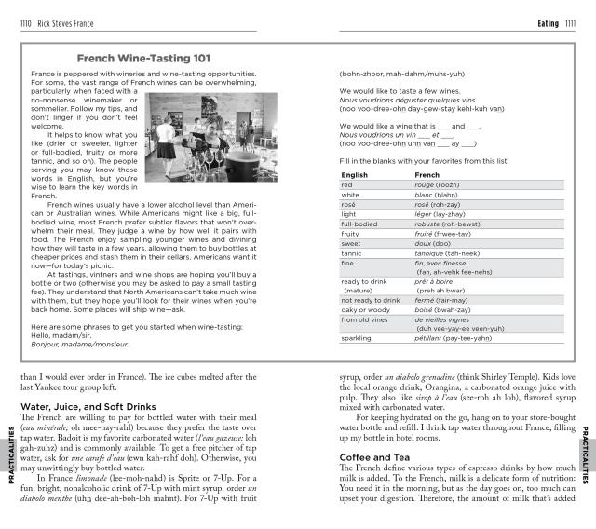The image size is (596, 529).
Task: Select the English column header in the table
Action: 355,174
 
